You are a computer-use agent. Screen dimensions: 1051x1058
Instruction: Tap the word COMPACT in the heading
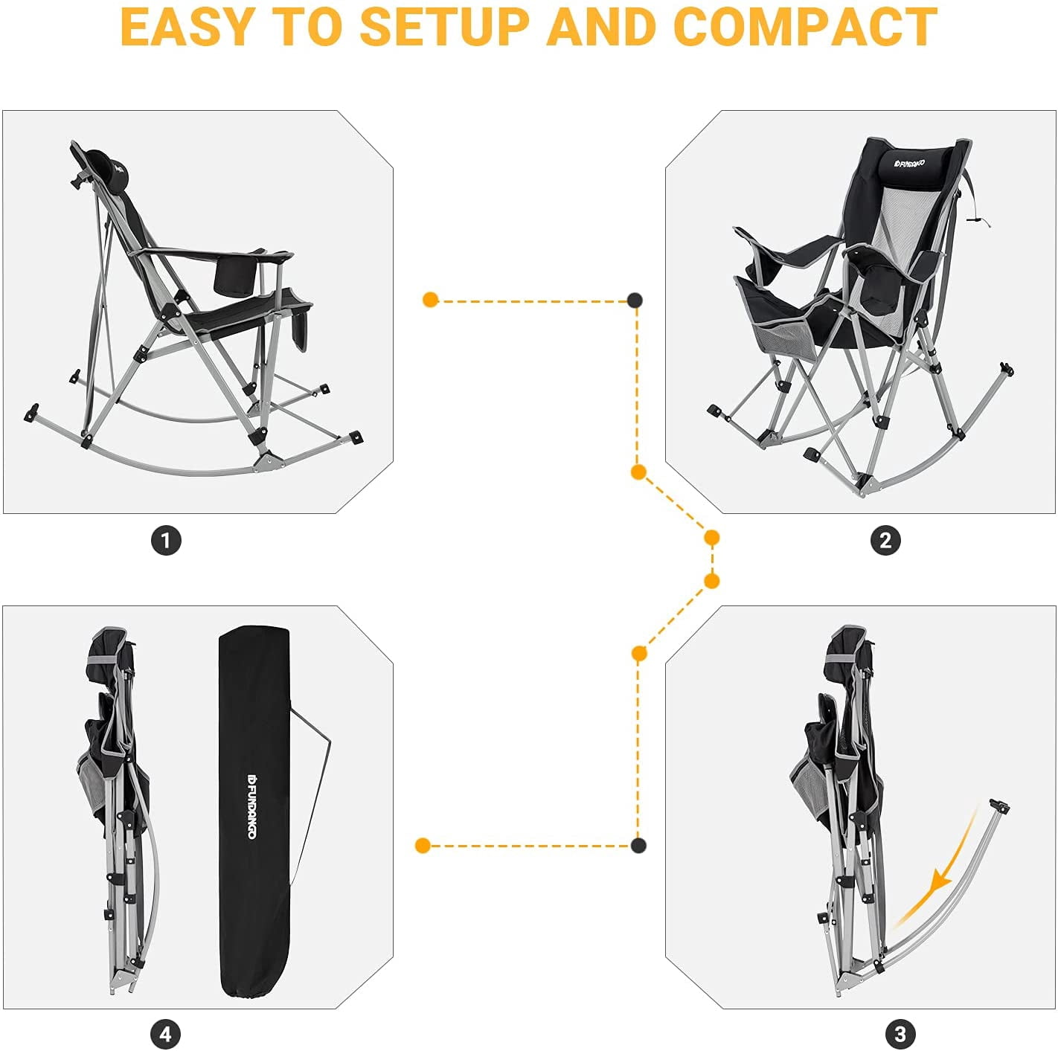coord(805,27)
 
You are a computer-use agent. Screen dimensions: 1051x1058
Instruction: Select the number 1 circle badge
coord(166,541)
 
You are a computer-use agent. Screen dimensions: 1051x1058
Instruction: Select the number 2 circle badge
coord(885,541)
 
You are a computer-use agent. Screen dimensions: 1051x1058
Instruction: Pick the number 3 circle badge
coord(900,1034)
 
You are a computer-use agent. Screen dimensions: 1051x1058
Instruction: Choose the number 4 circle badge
coord(165,1034)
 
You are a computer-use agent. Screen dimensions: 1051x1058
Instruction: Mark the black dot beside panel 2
coord(635,300)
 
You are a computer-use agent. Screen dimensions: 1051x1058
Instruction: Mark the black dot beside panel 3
coord(638,846)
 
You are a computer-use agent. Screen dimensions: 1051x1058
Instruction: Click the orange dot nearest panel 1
coord(430,300)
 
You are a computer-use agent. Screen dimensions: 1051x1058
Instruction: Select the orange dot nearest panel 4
coord(423,846)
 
